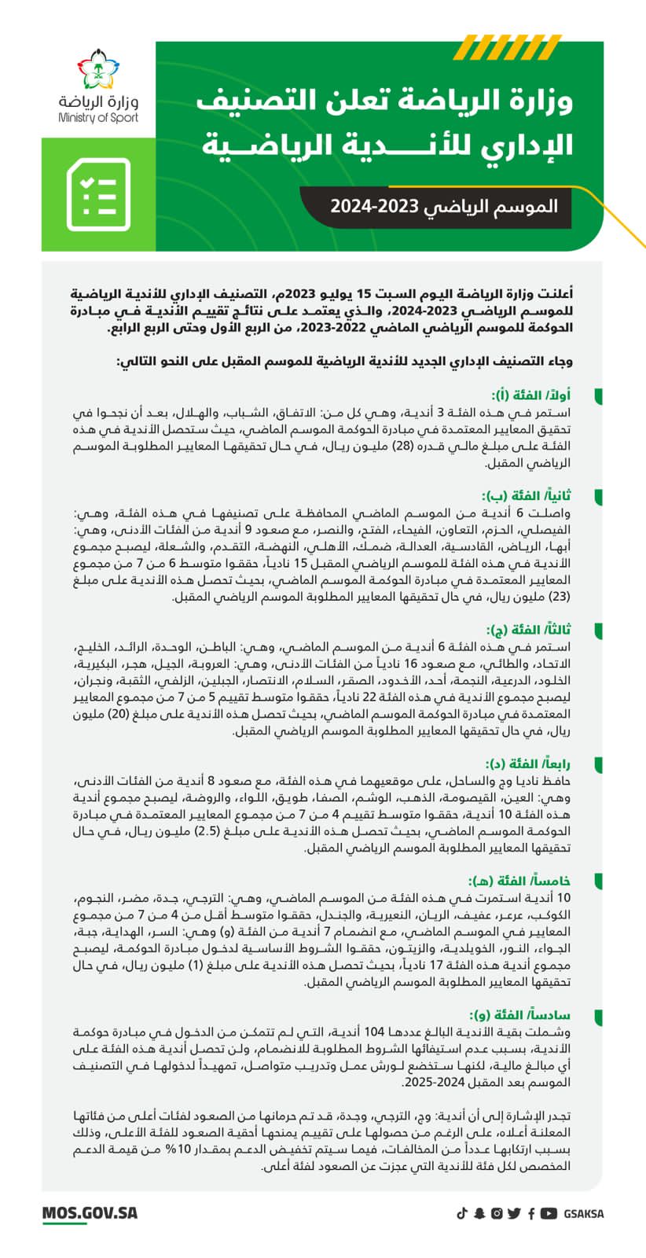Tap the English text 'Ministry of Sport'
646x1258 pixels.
click(x=98, y=118)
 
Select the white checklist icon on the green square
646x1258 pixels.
click(x=98, y=194)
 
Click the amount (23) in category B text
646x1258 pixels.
click(x=557, y=597)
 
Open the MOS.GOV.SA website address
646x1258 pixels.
click(x=90, y=1212)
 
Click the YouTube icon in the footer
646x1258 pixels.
click(x=549, y=1213)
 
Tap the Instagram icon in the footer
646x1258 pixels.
click(x=497, y=1213)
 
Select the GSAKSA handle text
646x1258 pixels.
click(x=584, y=1213)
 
